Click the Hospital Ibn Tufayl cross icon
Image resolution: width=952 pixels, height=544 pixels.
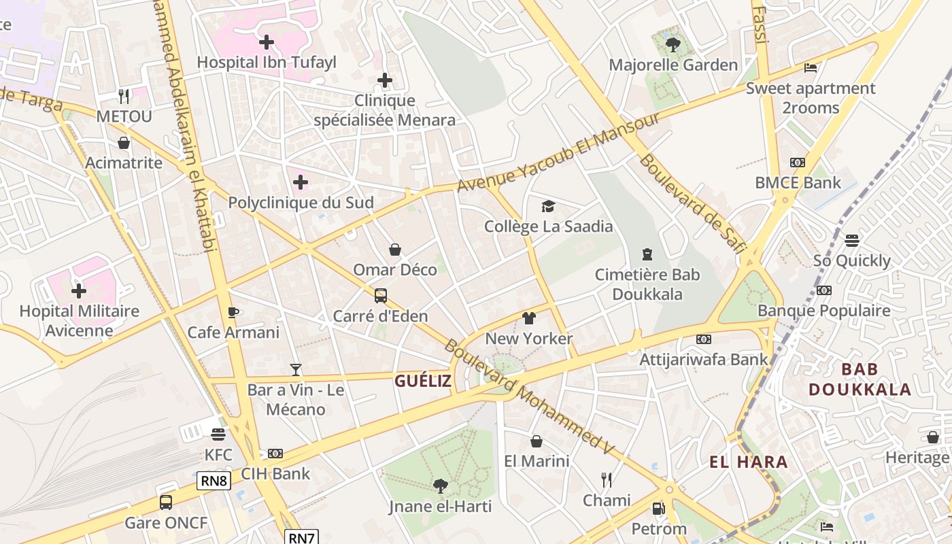pos(267,42)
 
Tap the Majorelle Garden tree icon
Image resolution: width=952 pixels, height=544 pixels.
pos(673,45)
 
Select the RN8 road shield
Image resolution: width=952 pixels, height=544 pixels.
pos(214,481)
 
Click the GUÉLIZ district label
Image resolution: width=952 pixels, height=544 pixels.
pos(423,381)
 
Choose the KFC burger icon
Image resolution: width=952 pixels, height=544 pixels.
pos(218,434)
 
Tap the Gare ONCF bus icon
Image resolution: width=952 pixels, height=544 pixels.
pos(166,502)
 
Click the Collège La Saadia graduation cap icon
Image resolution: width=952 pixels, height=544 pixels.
pos(548,206)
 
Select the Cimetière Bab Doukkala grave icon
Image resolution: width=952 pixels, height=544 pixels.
pos(647,254)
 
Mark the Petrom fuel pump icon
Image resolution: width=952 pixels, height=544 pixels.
pos(658,508)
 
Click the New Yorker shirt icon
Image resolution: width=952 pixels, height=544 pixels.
pos(529,318)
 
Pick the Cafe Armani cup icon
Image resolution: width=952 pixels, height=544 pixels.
pos(233,312)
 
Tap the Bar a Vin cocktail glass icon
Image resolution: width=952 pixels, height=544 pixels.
pos(295,369)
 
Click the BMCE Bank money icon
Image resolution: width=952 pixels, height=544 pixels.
pos(798,163)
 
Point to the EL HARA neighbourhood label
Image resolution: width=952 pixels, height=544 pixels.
pos(749,462)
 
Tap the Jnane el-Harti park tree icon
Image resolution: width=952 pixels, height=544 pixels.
pos(440,486)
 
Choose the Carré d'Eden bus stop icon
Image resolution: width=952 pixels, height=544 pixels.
pos(381,296)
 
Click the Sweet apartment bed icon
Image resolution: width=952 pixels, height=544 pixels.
pos(811,67)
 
